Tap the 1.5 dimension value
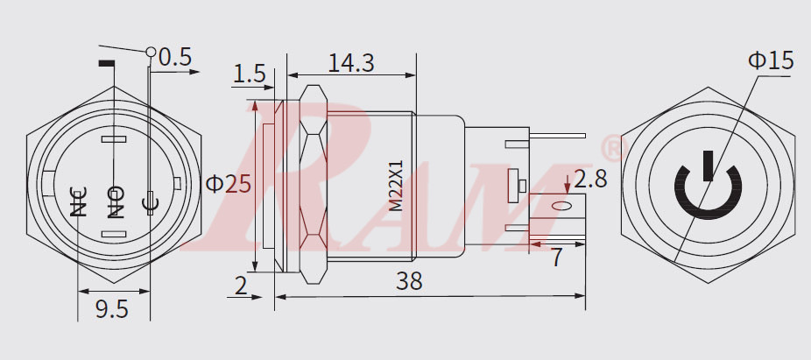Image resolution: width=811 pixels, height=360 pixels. pyautogui.click(x=249, y=75)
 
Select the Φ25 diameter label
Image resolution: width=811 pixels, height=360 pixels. pyautogui.click(x=228, y=184)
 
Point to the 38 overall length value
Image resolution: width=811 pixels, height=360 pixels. pyautogui.click(x=409, y=281)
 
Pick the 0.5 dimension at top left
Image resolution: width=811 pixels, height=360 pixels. pyautogui.click(x=174, y=57)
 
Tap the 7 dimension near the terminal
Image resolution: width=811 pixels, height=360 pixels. pyautogui.click(x=556, y=257)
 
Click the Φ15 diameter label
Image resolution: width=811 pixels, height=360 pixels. pyautogui.click(x=770, y=60)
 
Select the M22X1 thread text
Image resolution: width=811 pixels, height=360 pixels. pyautogui.click(x=395, y=186)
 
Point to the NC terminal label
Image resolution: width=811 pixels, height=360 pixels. pyautogui.click(x=79, y=201)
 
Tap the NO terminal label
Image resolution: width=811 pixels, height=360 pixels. pyautogui.click(x=115, y=201)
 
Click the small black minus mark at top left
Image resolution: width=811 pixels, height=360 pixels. pyautogui.click(x=107, y=64)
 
